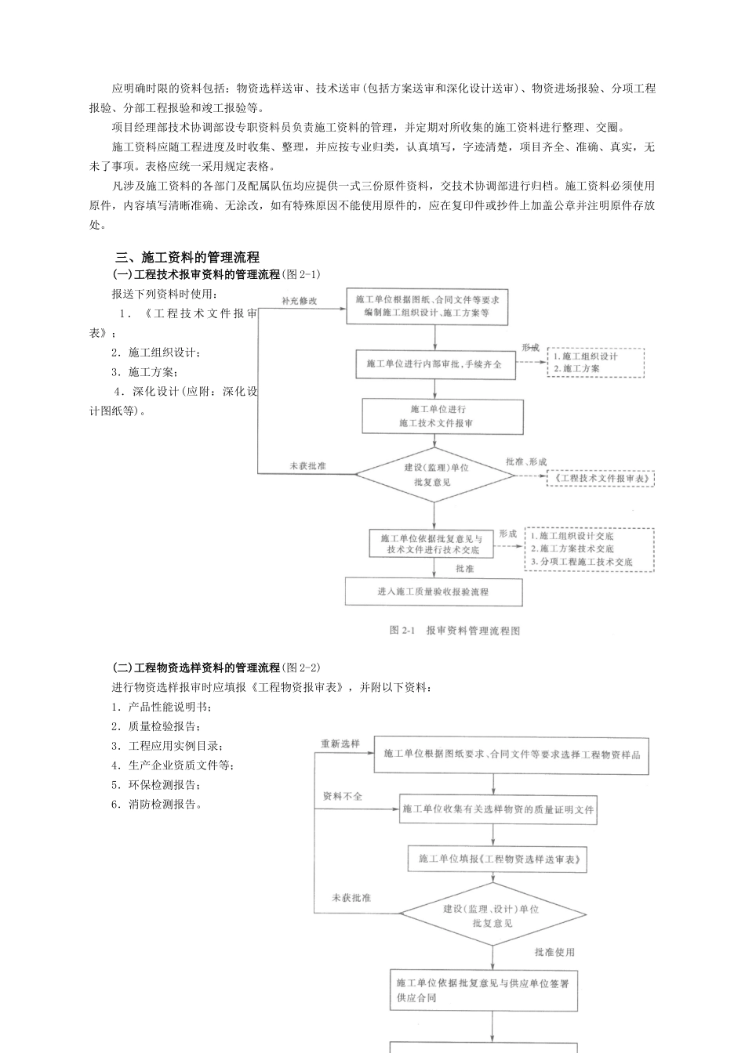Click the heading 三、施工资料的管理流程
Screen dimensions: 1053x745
coord(187,257)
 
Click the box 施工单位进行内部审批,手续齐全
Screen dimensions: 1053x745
coord(435,364)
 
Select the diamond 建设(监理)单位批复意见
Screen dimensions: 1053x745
coord(435,474)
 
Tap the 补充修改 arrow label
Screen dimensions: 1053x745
coord(300,301)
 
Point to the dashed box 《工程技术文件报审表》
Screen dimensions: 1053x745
coord(601,478)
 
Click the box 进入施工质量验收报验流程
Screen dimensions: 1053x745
coord(434,592)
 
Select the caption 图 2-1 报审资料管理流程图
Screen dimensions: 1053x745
coord(454,631)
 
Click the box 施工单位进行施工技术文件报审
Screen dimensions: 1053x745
coord(442,416)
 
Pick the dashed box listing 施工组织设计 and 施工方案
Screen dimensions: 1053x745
coord(596,362)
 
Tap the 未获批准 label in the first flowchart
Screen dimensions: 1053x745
coord(307,466)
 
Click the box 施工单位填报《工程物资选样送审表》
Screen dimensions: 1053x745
coord(498,859)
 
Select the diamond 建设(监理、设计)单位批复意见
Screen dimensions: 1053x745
coord(492,915)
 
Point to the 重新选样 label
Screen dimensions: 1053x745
coord(340,744)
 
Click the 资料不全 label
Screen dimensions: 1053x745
coord(343,796)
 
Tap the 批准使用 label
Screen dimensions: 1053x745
coord(554,952)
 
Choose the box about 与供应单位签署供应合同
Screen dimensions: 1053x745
coord(484,990)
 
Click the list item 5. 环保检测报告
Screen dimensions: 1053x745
coord(158,785)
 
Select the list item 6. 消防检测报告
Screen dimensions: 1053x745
coord(158,805)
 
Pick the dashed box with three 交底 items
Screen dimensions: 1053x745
coord(590,549)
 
